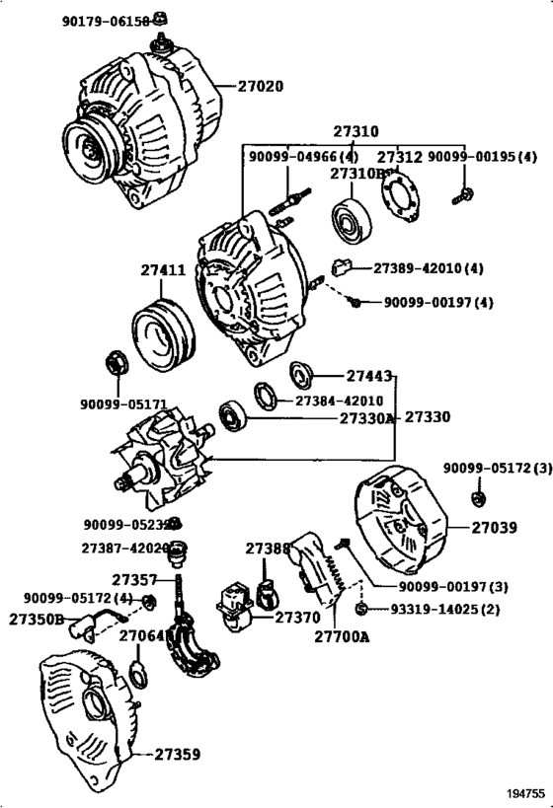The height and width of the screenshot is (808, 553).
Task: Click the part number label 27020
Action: coord(260,86)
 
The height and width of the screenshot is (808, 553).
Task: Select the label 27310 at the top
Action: coord(355,131)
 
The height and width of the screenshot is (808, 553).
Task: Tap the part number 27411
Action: coord(162,269)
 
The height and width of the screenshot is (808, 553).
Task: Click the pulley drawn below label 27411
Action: coord(165,328)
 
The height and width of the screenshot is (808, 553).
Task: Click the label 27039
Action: coord(494,528)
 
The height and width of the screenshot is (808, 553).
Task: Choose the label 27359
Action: coord(177,755)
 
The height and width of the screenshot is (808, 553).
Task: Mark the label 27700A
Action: coord(342,637)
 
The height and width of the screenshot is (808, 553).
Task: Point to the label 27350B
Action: coord(37,619)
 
